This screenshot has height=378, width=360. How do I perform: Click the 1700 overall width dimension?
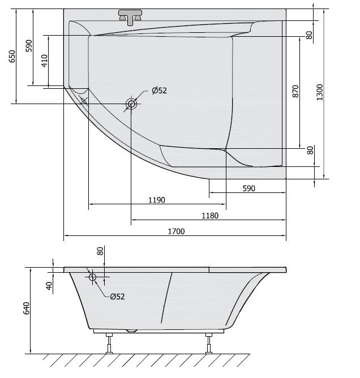(x=177, y=231)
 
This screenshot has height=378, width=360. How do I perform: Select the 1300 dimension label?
(x=320, y=92)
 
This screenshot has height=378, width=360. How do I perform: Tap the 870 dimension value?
(x=295, y=92)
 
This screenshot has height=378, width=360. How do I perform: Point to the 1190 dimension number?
(x=157, y=200)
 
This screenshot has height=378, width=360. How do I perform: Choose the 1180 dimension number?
(x=210, y=216)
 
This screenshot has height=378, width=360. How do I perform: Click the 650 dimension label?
(x=12, y=57)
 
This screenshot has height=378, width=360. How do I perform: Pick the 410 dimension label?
(x=44, y=61)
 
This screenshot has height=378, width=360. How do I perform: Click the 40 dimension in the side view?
(x=49, y=286)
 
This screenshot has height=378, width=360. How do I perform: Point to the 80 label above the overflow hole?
(x=100, y=251)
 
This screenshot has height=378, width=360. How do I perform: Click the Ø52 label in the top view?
(x=159, y=91)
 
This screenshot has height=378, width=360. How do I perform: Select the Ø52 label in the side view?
(x=117, y=296)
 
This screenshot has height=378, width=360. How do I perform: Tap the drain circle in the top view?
(x=131, y=104)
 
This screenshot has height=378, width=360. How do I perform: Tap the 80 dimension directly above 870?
(x=310, y=35)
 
